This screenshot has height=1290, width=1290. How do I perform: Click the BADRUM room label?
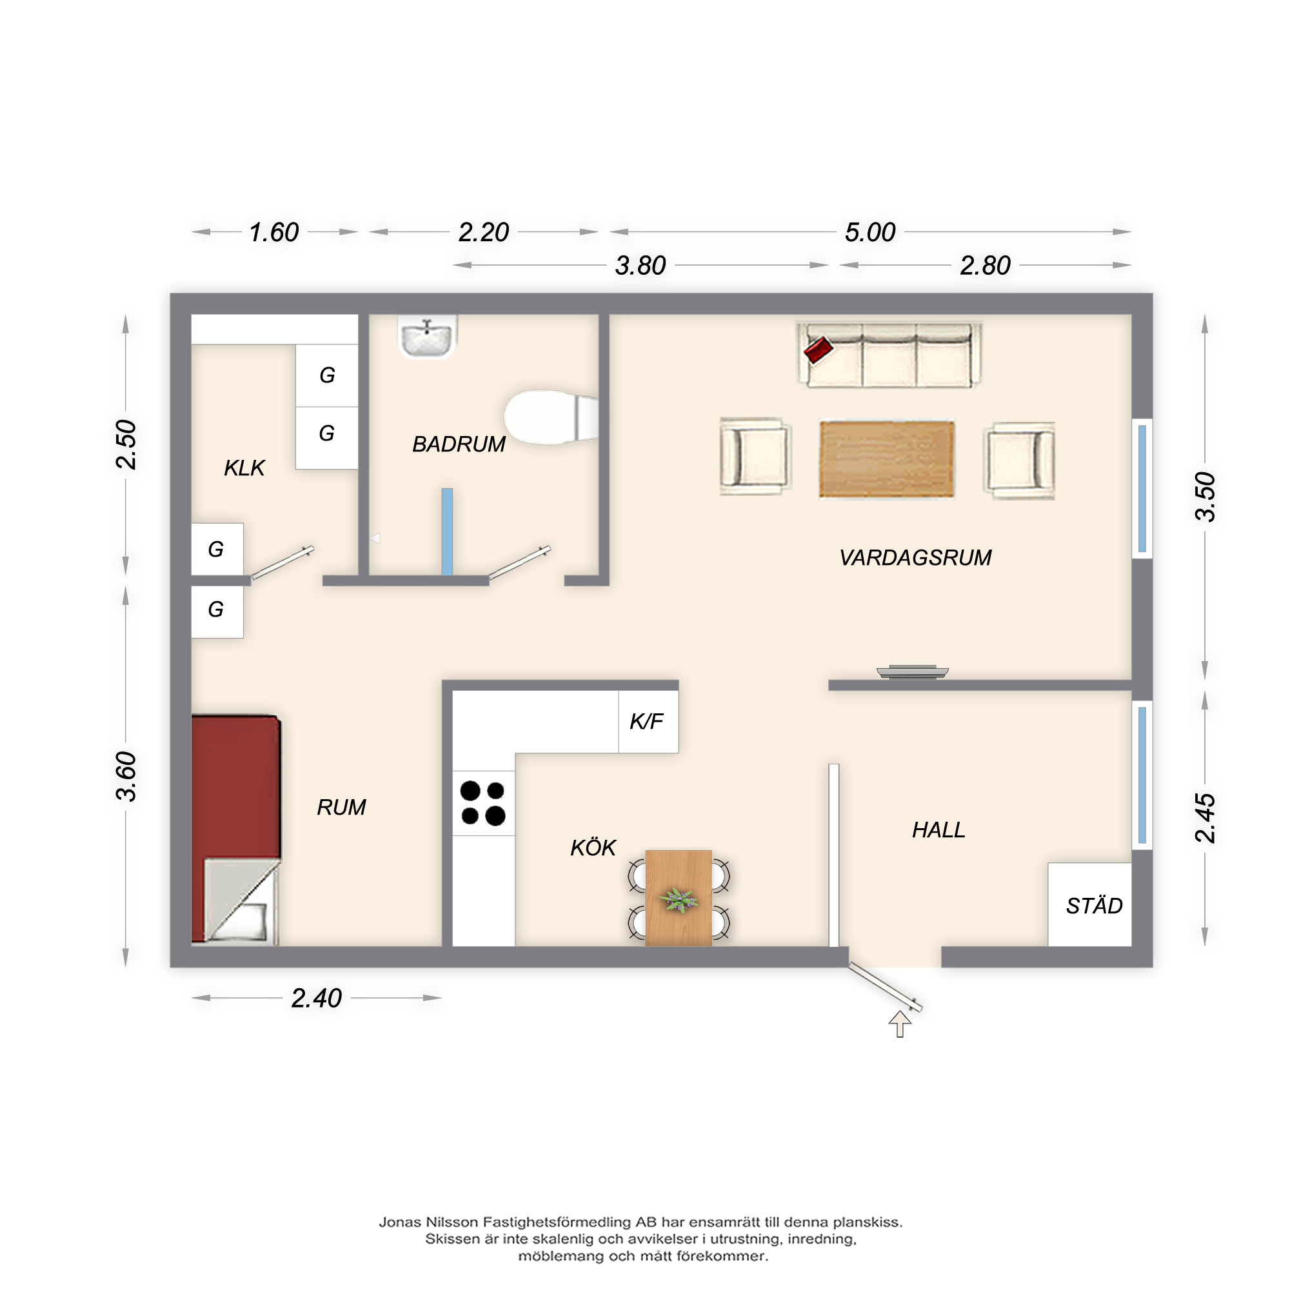point(459,444)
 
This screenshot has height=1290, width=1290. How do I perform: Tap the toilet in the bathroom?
point(551,417)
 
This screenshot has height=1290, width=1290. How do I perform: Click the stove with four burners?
point(483,803)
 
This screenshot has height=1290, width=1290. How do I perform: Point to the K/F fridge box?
point(648,722)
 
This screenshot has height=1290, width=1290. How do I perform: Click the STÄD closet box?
point(1089,904)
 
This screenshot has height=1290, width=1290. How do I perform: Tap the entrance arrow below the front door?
point(900,1024)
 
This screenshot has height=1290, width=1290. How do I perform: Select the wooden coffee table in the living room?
point(887,459)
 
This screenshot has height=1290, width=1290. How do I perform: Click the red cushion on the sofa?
point(819,349)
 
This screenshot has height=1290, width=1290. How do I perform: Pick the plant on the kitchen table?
point(679,900)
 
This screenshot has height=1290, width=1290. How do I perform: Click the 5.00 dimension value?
point(870,232)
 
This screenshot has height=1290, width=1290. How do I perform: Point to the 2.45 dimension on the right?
point(1206,818)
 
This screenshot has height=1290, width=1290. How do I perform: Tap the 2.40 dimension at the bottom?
point(317,998)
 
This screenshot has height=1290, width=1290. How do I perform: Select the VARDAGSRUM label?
point(915,557)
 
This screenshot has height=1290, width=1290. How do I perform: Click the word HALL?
point(938,830)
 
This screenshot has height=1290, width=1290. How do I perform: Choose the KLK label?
point(244,468)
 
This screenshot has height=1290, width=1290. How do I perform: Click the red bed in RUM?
point(235,829)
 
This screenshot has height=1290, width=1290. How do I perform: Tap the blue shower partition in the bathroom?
point(448,531)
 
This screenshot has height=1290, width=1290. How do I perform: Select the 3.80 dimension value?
point(640,266)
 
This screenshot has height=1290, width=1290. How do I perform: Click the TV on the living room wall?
point(912,672)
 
